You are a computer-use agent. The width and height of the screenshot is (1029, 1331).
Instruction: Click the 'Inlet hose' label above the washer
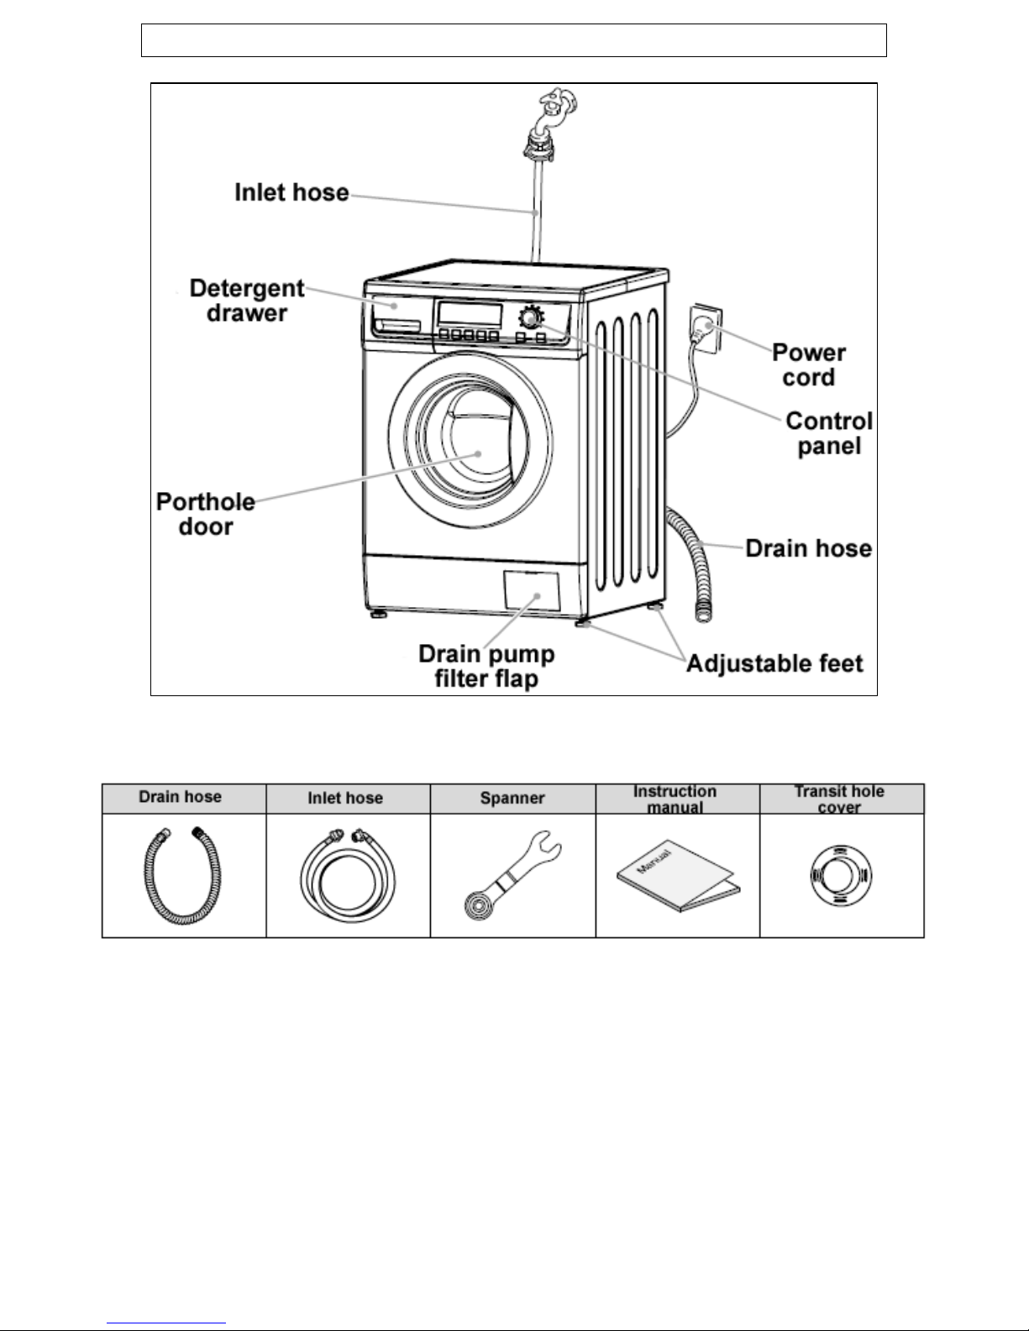(x=291, y=193)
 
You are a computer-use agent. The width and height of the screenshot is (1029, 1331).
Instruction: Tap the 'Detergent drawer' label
(x=246, y=301)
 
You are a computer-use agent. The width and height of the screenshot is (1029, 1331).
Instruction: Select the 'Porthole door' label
(x=206, y=514)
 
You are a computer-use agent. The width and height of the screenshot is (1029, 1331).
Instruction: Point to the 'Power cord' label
(x=808, y=364)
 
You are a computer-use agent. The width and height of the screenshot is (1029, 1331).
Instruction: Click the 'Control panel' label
(x=829, y=432)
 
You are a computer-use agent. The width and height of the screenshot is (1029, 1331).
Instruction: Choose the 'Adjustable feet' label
(x=774, y=664)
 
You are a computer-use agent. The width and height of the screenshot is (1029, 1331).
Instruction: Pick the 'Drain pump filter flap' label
(x=486, y=665)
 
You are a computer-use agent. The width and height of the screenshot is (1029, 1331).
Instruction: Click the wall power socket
(x=704, y=327)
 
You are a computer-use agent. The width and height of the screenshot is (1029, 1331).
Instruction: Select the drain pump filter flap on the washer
(x=531, y=591)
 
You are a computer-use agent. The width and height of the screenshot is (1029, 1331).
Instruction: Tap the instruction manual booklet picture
(x=677, y=878)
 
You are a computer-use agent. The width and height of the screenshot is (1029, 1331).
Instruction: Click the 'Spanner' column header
(x=512, y=799)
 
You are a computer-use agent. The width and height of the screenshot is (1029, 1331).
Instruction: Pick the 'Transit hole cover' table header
(x=840, y=799)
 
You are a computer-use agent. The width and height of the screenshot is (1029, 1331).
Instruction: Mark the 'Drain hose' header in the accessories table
(x=181, y=797)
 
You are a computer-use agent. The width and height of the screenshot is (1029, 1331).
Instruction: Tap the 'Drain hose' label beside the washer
(x=808, y=549)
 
